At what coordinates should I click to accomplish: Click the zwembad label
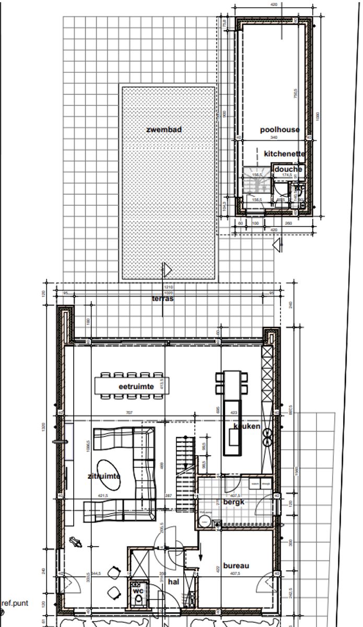(164, 129)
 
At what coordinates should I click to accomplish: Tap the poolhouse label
(280, 130)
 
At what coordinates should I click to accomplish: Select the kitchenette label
(284, 154)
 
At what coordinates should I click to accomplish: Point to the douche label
(288, 169)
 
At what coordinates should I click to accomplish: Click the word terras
(163, 299)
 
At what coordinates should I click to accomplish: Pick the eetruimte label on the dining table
(135, 387)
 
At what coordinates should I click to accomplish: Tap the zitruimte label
(104, 476)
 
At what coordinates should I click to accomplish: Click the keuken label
(247, 426)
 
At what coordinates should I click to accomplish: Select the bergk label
(234, 502)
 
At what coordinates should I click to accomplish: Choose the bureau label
(236, 565)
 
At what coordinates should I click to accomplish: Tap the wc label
(138, 591)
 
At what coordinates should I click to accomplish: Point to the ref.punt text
(14, 603)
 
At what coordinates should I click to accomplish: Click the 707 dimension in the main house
(130, 413)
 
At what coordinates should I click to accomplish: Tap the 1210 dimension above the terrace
(167, 287)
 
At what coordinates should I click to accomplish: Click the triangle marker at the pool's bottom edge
(167, 270)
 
